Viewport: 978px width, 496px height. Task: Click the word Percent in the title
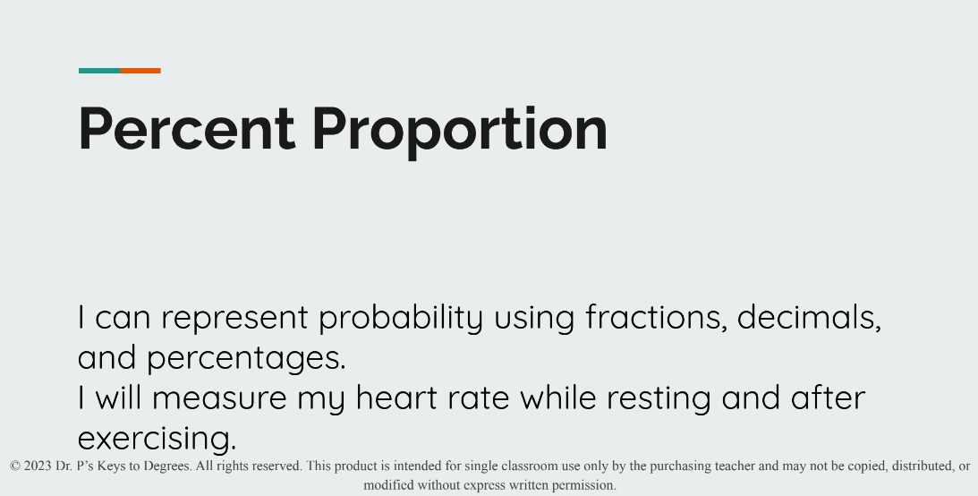tap(186, 129)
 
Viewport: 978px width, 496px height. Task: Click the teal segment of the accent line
tap(99, 71)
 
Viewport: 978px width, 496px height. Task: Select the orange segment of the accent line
tap(140, 71)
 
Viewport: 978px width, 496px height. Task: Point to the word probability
tap(400, 318)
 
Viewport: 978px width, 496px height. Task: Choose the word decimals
tap(809, 318)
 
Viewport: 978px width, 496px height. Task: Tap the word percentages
tap(246, 358)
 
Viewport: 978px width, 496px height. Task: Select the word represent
tap(234, 318)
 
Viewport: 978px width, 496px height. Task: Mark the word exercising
tap(157, 438)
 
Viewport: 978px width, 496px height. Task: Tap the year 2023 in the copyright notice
tap(38, 466)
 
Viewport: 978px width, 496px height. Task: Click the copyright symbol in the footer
tap(15, 466)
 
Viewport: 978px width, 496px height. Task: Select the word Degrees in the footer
tap(166, 466)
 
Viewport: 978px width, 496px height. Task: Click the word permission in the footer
tap(583, 485)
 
